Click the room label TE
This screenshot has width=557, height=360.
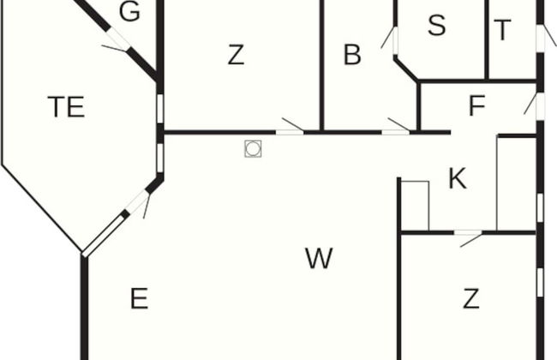(x=67, y=106)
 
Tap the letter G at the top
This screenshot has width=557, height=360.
(x=129, y=11)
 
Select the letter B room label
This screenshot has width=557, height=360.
(x=352, y=55)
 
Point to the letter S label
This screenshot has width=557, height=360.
(x=436, y=25)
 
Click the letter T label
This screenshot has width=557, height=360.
(x=502, y=30)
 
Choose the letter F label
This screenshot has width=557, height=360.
(x=477, y=105)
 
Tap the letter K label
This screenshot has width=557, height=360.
(x=458, y=178)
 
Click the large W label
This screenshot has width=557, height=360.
(x=319, y=258)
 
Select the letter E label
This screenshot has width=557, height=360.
(x=139, y=298)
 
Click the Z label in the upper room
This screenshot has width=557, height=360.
(x=236, y=55)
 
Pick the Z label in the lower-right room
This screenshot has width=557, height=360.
(x=471, y=298)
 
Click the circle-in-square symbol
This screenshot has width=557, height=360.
(x=253, y=148)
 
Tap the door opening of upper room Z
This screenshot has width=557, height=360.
(x=290, y=132)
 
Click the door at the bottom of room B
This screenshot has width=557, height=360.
(x=396, y=132)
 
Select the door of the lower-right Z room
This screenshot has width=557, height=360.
(x=468, y=233)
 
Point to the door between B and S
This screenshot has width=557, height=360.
(x=395, y=40)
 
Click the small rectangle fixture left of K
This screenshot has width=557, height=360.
(x=415, y=206)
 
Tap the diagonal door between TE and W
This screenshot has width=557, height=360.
(x=137, y=201)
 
